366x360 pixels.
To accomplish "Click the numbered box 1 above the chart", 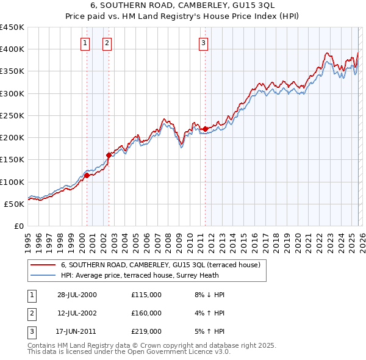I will pyautogui.click(x=84, y=43).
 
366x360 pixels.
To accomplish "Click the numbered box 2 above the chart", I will pyautogui.click(x=107, y=43).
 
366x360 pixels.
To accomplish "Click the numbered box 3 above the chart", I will pyautogui.click(x=203, y=43).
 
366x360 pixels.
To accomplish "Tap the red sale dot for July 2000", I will pyautogui.click(x=87, y=175).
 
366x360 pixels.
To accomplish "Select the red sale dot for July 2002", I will pyautogui.click(x=109, y=155).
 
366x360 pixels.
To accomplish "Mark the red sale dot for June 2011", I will pyautogui.click(x=205, y=129).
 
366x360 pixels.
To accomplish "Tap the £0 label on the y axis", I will pyautogui.click(x=18, y=226).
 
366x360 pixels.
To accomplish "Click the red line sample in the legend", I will pyautogui.click(x=42, y=265).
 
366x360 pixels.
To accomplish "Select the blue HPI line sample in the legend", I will pyautogui.click(x=42, y=275).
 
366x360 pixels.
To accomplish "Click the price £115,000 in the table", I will pyautogui.click(x=146, y=295).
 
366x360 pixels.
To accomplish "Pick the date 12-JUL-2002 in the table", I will pyautogui.click(x=77, y=313).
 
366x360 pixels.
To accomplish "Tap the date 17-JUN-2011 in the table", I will pyautogui.click(x=77, y=331).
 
